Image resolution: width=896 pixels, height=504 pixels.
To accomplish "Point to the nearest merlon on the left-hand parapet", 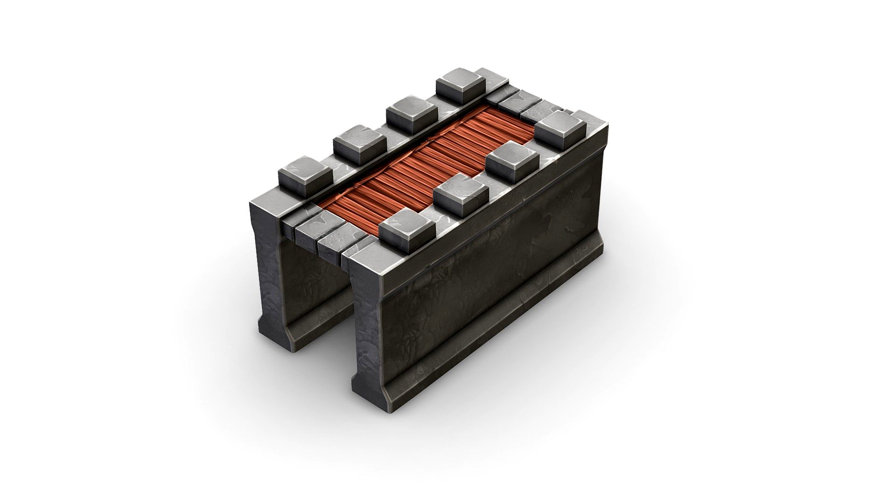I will click(x=305, y=172).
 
